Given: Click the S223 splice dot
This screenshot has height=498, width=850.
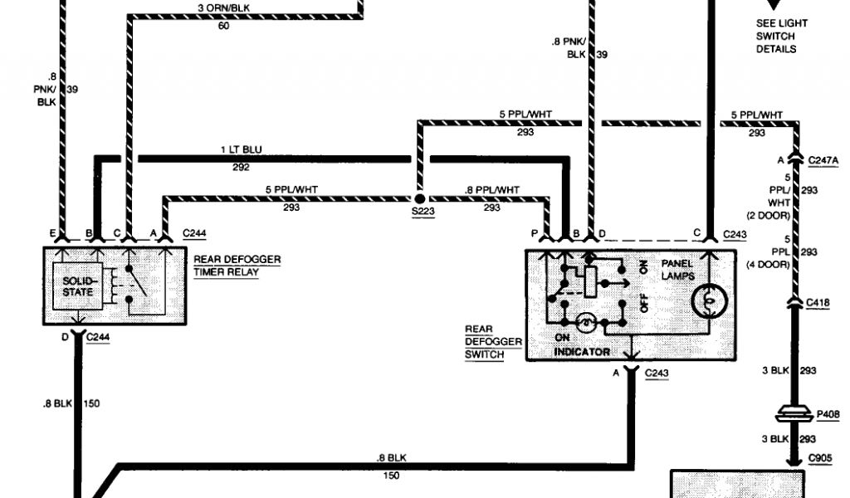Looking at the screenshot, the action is [419, 199].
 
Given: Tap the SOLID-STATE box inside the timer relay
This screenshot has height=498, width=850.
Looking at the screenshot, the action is [77, 286].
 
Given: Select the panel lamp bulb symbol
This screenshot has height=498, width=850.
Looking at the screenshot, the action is [709, 300].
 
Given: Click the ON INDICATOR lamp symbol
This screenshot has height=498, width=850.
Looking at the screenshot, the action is [586, 323].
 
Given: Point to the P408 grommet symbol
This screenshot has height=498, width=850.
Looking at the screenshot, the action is [794, 414].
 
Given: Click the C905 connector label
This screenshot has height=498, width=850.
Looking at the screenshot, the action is [819, 458].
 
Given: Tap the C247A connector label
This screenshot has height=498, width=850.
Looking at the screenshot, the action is [823, 160].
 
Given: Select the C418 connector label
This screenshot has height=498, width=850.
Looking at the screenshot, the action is [818, 303].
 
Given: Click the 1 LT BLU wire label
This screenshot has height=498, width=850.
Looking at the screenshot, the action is [242, 149].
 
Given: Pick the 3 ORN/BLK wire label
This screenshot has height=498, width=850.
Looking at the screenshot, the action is [224, 8].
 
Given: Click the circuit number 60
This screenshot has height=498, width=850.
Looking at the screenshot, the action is [223, 26].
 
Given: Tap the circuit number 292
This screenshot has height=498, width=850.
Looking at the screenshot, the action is [241, 168].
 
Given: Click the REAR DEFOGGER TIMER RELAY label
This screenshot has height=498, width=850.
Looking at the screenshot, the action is [237, 266].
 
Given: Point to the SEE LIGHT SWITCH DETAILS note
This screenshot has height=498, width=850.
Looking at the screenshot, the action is [782, 37].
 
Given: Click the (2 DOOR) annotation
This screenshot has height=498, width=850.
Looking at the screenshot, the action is [768, 216].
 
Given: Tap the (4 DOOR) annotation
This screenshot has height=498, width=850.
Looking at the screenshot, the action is [768, 265].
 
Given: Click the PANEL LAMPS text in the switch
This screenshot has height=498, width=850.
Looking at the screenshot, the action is [677, 270].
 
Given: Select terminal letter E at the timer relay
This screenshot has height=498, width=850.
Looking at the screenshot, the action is [52, 233].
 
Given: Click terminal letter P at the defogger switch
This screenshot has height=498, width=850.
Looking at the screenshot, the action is [535, 233].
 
